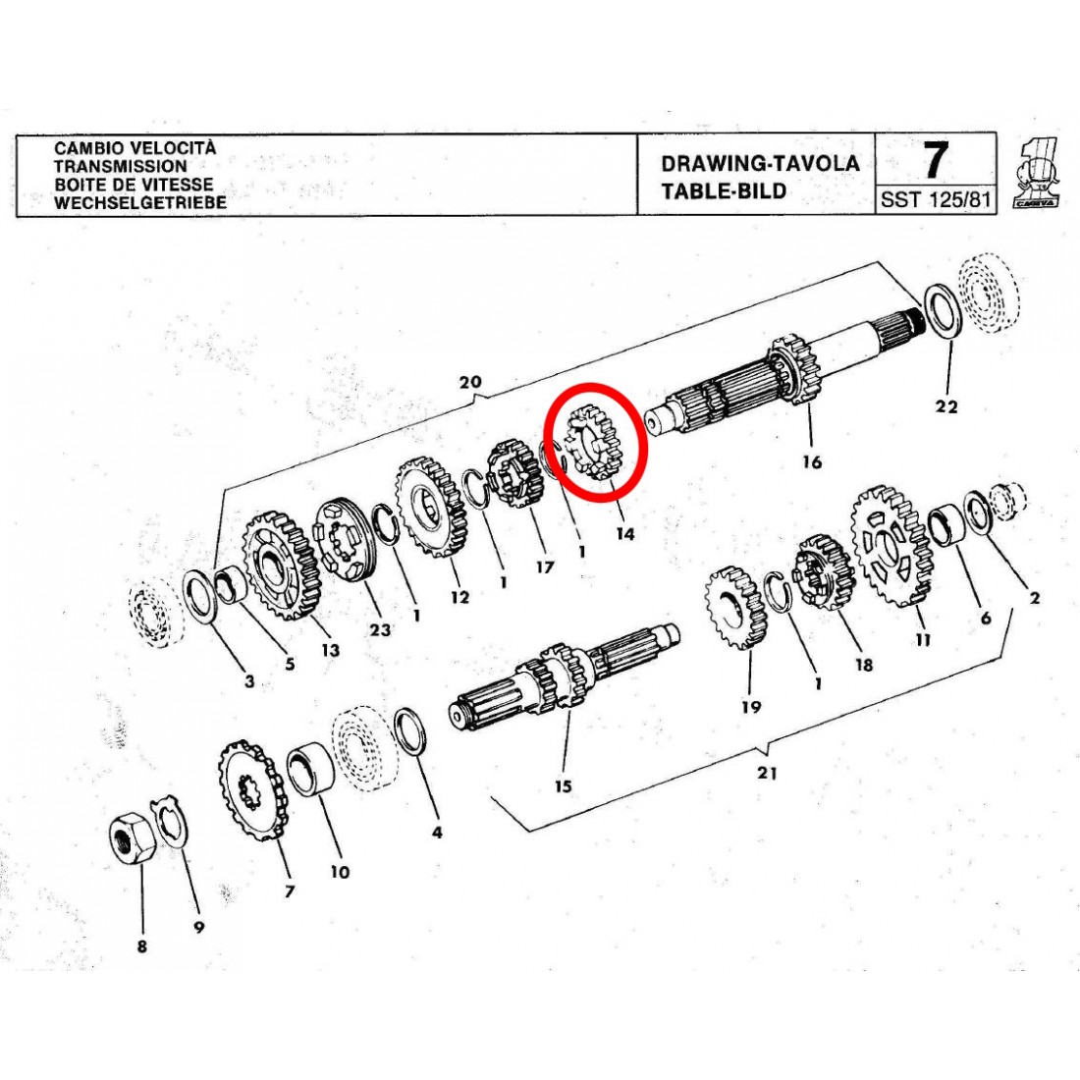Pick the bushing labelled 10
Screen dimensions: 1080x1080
point(310,769)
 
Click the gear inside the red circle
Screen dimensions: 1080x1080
point(592,441)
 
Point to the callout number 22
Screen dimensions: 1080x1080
point(946,406)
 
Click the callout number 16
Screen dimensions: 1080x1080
point(812,461)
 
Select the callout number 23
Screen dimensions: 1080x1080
point(380,628)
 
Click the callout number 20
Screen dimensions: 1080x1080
point(469,382)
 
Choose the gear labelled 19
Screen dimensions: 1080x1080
point(735,606)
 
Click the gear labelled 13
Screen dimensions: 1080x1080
point(281,565)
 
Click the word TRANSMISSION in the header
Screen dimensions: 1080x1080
point(121,166)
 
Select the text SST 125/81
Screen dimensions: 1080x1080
point(936,199)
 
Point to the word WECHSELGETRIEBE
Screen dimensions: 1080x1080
point(139,202)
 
